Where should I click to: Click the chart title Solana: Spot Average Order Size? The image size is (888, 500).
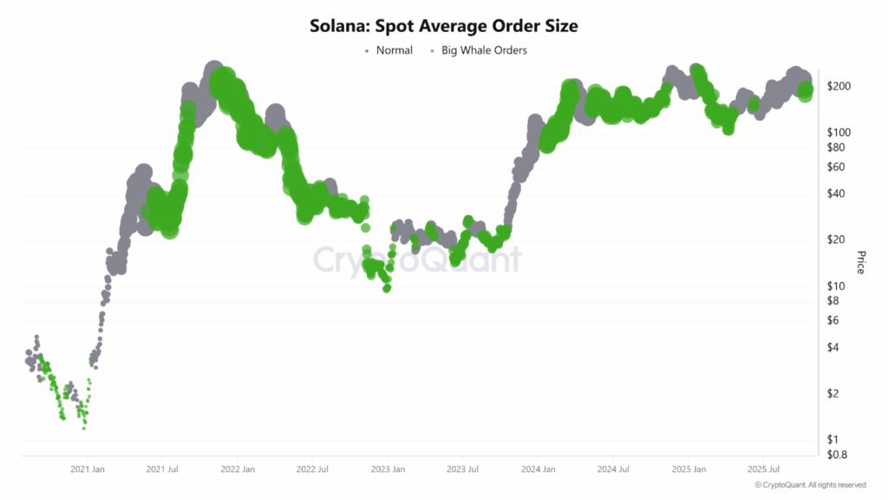[443, 26]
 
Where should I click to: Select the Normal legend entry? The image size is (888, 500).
[394, 50]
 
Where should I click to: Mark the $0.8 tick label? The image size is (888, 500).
[839, 454]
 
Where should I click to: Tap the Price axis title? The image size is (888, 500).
[861, 262]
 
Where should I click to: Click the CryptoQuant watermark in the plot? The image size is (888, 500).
[416, 260]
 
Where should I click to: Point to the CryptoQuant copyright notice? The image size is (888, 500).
[809, 484]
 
